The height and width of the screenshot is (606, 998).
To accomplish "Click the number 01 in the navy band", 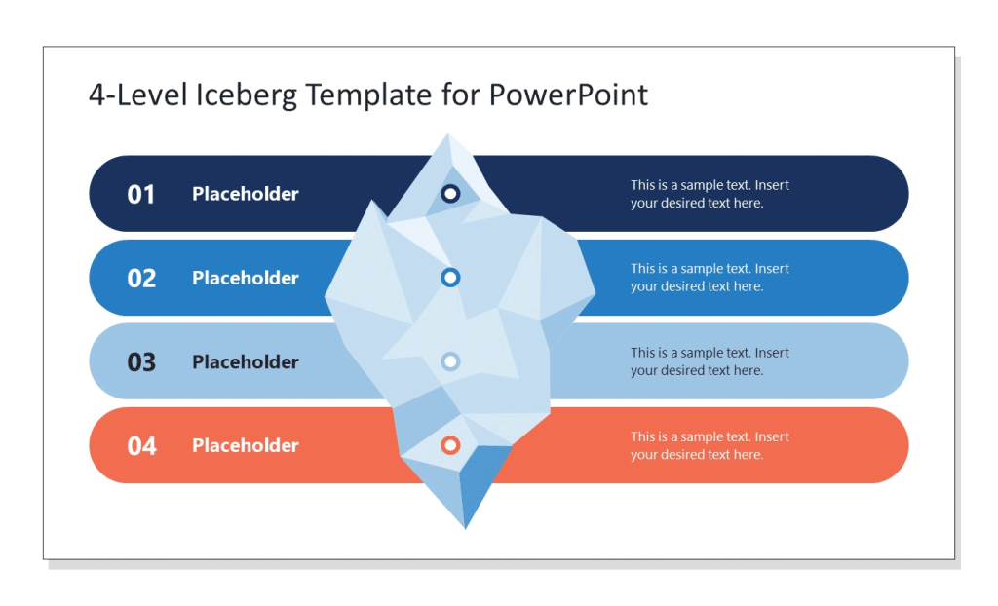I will point(141,195).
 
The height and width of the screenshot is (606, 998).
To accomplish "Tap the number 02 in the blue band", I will point(141,279).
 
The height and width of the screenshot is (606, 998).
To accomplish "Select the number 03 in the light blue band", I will point(141,362).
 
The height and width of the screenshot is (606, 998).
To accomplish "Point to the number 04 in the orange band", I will point(141,446).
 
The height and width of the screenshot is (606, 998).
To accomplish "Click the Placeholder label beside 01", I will point(246,194).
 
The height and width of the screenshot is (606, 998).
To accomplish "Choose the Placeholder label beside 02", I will point(246,278).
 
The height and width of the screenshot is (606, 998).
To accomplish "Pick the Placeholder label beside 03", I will point(246,361).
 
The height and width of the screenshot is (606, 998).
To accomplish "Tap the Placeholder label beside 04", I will point(246,445).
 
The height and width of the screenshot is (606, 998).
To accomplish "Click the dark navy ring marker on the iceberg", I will point(450,194).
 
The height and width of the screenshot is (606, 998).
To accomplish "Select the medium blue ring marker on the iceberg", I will point(450,278).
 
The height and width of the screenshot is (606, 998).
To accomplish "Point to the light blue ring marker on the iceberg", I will point(450,361).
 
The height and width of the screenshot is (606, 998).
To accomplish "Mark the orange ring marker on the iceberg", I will point(450,445).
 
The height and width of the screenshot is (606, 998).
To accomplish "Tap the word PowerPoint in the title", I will point(568,95).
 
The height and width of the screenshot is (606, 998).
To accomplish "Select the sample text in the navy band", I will point(710,194).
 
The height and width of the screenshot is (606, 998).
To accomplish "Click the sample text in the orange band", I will point(710,445).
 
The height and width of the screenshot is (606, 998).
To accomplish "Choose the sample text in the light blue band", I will point(710,361).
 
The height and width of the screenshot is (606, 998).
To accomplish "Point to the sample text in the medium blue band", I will point(710,278).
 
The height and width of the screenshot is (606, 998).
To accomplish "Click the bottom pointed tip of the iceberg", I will point(465,526).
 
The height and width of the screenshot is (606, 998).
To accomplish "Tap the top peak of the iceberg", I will point(448,136).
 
